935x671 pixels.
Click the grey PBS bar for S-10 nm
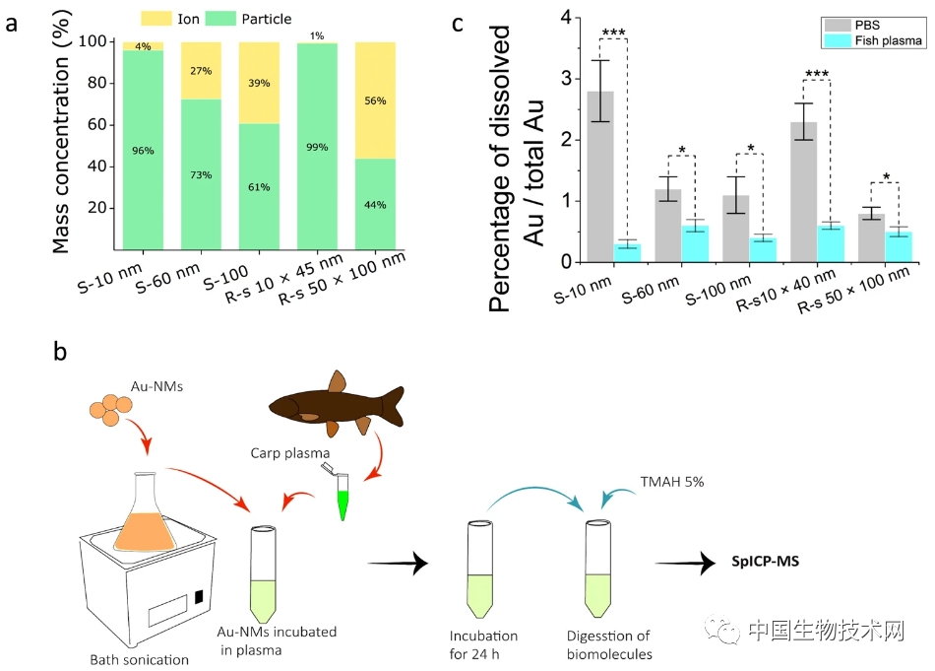tap(600, 176)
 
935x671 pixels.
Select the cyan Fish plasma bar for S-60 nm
tap(697, 243)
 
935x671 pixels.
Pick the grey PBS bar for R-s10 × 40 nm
tap(805, 191)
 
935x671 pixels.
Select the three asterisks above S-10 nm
tap(613, 34)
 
